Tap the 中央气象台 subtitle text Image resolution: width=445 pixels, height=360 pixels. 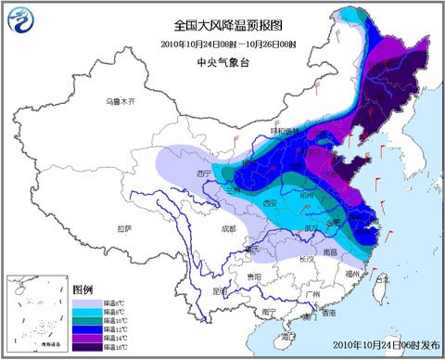(x=221, y=65)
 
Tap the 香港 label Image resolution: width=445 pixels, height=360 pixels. (x=326, y=313)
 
